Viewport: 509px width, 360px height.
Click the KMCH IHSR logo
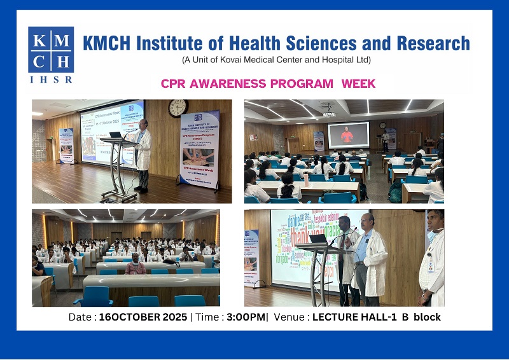51,55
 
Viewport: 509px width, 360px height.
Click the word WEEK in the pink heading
358,83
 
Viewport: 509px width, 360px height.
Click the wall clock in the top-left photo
178,108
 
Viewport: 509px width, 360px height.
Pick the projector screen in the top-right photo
348,135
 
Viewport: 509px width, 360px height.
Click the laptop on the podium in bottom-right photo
318,239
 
